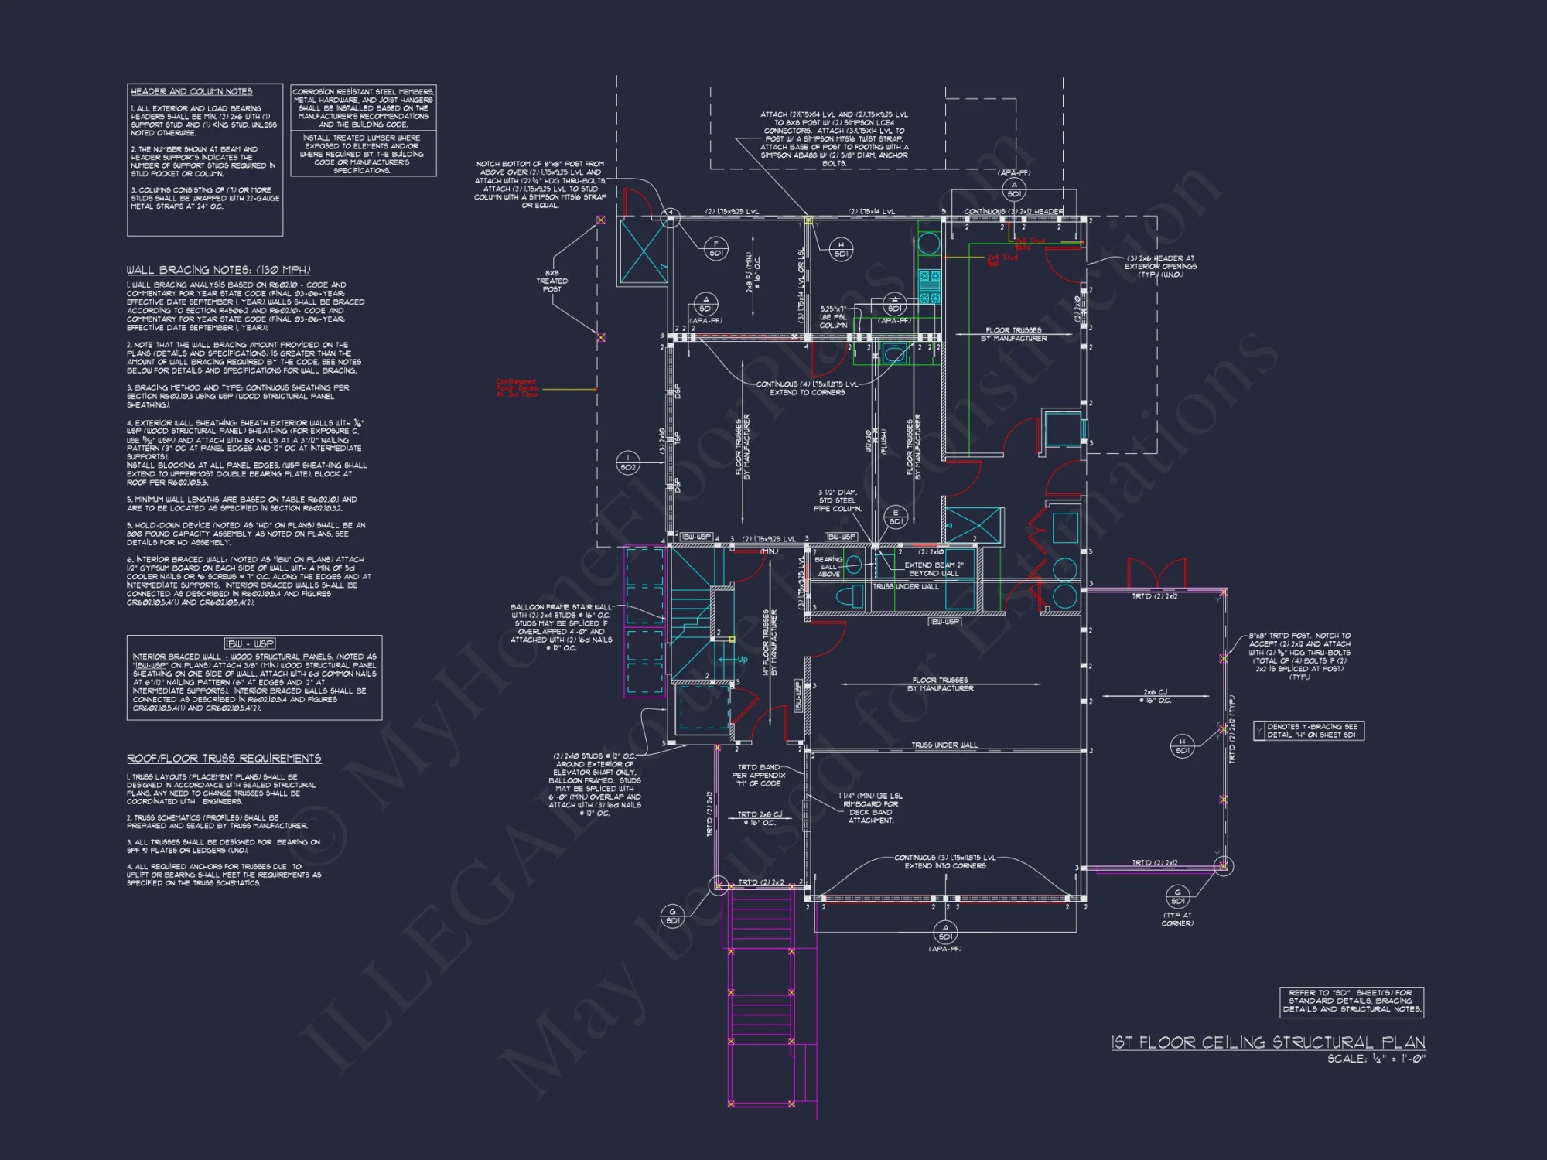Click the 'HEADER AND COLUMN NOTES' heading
coord(191,91)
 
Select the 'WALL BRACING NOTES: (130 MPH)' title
coord(218,270)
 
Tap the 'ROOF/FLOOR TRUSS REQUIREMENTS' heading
coord(224,758)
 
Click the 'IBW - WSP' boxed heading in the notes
coord(249,643)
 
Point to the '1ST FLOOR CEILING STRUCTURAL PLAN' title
coord(1268,1042)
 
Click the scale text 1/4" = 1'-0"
coord(1376,1059)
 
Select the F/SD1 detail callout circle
coord(715,248)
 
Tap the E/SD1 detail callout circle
coord(896,517)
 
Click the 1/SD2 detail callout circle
coord(628,462)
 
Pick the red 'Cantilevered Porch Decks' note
coord(517,388)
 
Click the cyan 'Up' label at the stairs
coord(742,660)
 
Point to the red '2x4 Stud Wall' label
coord(1002,261)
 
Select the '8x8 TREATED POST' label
coord(552,281)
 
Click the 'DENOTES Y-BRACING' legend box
coord(1309,731)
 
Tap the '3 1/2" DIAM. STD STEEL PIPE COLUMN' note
coord(837,500)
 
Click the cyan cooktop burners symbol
coord(929,286)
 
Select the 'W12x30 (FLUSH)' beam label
coord(875,442)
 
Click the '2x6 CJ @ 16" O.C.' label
coord(1156,696)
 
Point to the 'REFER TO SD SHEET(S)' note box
coord(1351,1001)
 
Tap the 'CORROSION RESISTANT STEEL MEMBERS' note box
coord(363,107)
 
